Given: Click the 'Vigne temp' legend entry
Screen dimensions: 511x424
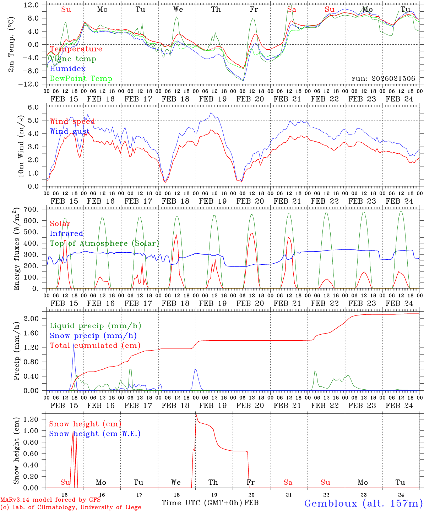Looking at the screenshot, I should pos(73,59).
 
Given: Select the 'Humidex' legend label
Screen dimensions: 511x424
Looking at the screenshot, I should pos(67,69).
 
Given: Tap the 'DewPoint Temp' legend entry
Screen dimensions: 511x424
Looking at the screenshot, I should pos(81,79).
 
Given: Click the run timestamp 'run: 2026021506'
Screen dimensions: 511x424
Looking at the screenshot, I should pos(383,79).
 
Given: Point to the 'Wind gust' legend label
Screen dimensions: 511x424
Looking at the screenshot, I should pos(70,132).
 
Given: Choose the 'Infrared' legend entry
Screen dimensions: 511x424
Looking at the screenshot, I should pos(66,233).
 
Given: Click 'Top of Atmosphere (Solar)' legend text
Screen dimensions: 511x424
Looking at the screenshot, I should pos(104,243).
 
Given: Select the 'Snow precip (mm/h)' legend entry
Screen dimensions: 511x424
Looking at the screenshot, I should pos(93,336).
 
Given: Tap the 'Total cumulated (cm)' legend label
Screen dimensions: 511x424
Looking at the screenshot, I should pos(95,346).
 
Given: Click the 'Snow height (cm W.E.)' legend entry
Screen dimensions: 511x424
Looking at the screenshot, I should pos(95,434).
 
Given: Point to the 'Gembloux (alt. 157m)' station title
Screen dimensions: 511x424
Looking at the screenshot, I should pos(363,503).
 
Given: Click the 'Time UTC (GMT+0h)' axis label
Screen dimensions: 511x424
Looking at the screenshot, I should pos(202,503).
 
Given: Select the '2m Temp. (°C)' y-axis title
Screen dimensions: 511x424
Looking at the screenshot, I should pos(11,45).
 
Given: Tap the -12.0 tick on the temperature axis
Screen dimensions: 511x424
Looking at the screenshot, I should pos(31,84).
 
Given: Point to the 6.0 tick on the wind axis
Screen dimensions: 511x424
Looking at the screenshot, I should pos(33,107).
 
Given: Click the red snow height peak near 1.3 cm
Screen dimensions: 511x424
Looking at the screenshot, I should pos(196,414).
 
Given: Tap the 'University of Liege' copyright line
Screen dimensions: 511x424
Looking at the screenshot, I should pos(71,507).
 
